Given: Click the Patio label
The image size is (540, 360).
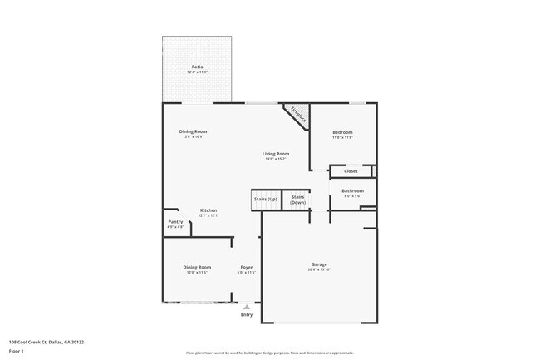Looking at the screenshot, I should [198, 67].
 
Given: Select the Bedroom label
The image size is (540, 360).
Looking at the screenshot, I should [343, 132].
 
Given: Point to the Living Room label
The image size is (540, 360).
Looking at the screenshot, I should [276, 154].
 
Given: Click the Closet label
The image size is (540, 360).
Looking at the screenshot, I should [351, 172].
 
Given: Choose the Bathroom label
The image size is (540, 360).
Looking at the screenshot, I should [353, 190].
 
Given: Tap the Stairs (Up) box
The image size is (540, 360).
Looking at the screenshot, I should [266, 200].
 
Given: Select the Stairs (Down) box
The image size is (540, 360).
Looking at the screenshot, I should [298, 200].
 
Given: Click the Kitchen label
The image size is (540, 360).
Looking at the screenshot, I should [209, 210].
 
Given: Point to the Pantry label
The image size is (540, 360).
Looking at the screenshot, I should [175, 222].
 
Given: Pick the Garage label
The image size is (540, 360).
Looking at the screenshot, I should [320, 264].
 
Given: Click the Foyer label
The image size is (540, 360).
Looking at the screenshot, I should [247, 267].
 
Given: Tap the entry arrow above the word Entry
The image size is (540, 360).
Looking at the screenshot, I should [246, 307].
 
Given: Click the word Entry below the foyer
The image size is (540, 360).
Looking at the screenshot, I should [247, 314].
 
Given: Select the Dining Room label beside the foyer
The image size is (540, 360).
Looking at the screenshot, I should [197, 267].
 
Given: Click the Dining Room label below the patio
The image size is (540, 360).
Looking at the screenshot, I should [194, 131].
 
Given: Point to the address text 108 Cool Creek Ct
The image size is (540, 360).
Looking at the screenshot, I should [47, 342].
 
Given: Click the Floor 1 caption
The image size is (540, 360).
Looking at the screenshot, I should [17, 352].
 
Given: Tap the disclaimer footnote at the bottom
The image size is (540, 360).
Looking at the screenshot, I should [269, 353].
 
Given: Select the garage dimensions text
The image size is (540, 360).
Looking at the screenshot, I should [320, 269].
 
